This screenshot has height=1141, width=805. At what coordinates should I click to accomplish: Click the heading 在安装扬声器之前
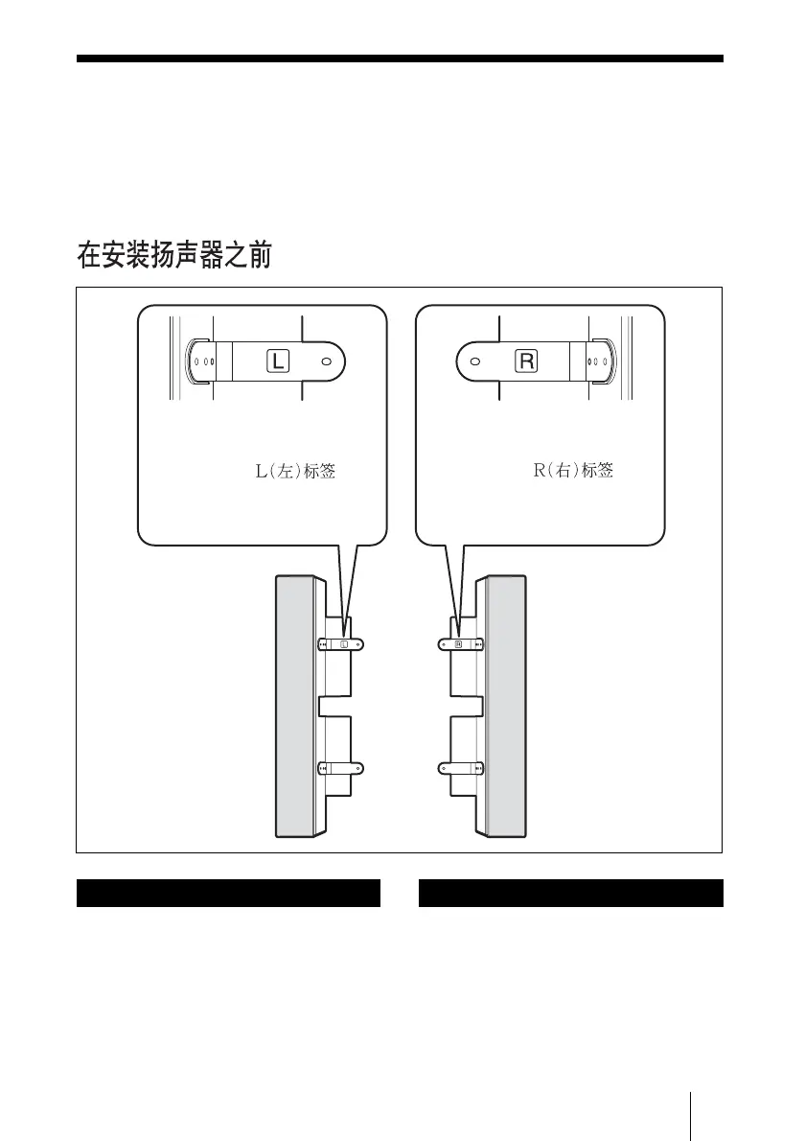(x=175, y=256)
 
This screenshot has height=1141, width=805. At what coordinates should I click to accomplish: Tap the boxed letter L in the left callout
(x=276, y=361)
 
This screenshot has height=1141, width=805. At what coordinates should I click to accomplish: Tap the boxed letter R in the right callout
(x=527, y=361)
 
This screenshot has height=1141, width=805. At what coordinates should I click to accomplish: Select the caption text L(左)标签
(x=294, y=472)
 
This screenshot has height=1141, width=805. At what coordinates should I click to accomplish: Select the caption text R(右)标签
(x=573, y=472)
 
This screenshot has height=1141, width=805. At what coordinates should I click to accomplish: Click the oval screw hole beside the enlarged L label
(x=326, y=361)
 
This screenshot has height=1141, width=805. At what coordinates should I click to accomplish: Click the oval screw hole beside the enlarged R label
(x=474, y=361)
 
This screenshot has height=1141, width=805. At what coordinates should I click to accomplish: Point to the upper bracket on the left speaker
(x=342, y=644)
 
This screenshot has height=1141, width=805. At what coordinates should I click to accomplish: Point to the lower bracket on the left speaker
(x=342, y=767)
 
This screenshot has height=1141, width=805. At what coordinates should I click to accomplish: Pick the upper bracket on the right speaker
(x=461, y=644)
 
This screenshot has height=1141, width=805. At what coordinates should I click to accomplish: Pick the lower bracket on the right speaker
(x=461, y=767)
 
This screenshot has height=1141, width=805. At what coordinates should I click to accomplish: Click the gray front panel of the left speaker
(x=295, y=705)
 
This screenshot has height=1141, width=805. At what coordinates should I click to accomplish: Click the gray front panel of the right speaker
(x=506, y=705)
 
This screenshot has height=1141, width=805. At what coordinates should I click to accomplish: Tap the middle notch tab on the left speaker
(x=336, y=707)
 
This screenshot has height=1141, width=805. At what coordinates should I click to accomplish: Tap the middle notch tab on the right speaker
(x=466, y=707)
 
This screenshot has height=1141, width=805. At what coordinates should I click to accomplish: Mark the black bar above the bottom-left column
(x=228, y=893)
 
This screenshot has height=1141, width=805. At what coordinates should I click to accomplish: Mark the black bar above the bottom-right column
(x=571, y=893)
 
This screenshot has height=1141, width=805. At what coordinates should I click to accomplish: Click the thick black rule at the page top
(x=400, y=58)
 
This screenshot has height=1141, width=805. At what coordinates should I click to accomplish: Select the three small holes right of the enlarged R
(x=595, y=363)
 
